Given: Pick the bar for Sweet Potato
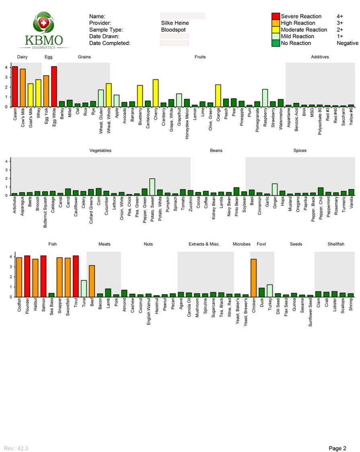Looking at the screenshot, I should pyautogui.click(x=152, y=187).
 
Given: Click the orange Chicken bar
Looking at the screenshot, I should pyautogui.click(x=253, y=278).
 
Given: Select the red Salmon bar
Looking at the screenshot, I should pyautogui.click(x=43, y=276).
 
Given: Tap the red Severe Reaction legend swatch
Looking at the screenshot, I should pyautogui.click(x=276, y=17).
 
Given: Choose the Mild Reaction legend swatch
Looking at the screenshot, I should pyautogui.click(x=276, y=36).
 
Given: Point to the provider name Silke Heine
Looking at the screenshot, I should pyautogui.click(x=175, y=23).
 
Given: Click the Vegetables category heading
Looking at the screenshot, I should pyautogui.click(x=100, y=151).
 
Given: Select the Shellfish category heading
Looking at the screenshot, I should pyautogui.click(x=335, y=244).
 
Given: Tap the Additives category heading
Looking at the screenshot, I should pyautogui.click(x=320, y=57).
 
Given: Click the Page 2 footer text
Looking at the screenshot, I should pyautogui.click(x=337, y=448).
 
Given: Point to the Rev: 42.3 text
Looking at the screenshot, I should pyautogui.click(x=16, y=448).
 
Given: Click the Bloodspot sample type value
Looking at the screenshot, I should pyautogui.click(x=174, y=30).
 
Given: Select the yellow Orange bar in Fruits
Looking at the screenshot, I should pyautogui.click(x=218, y=96).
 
